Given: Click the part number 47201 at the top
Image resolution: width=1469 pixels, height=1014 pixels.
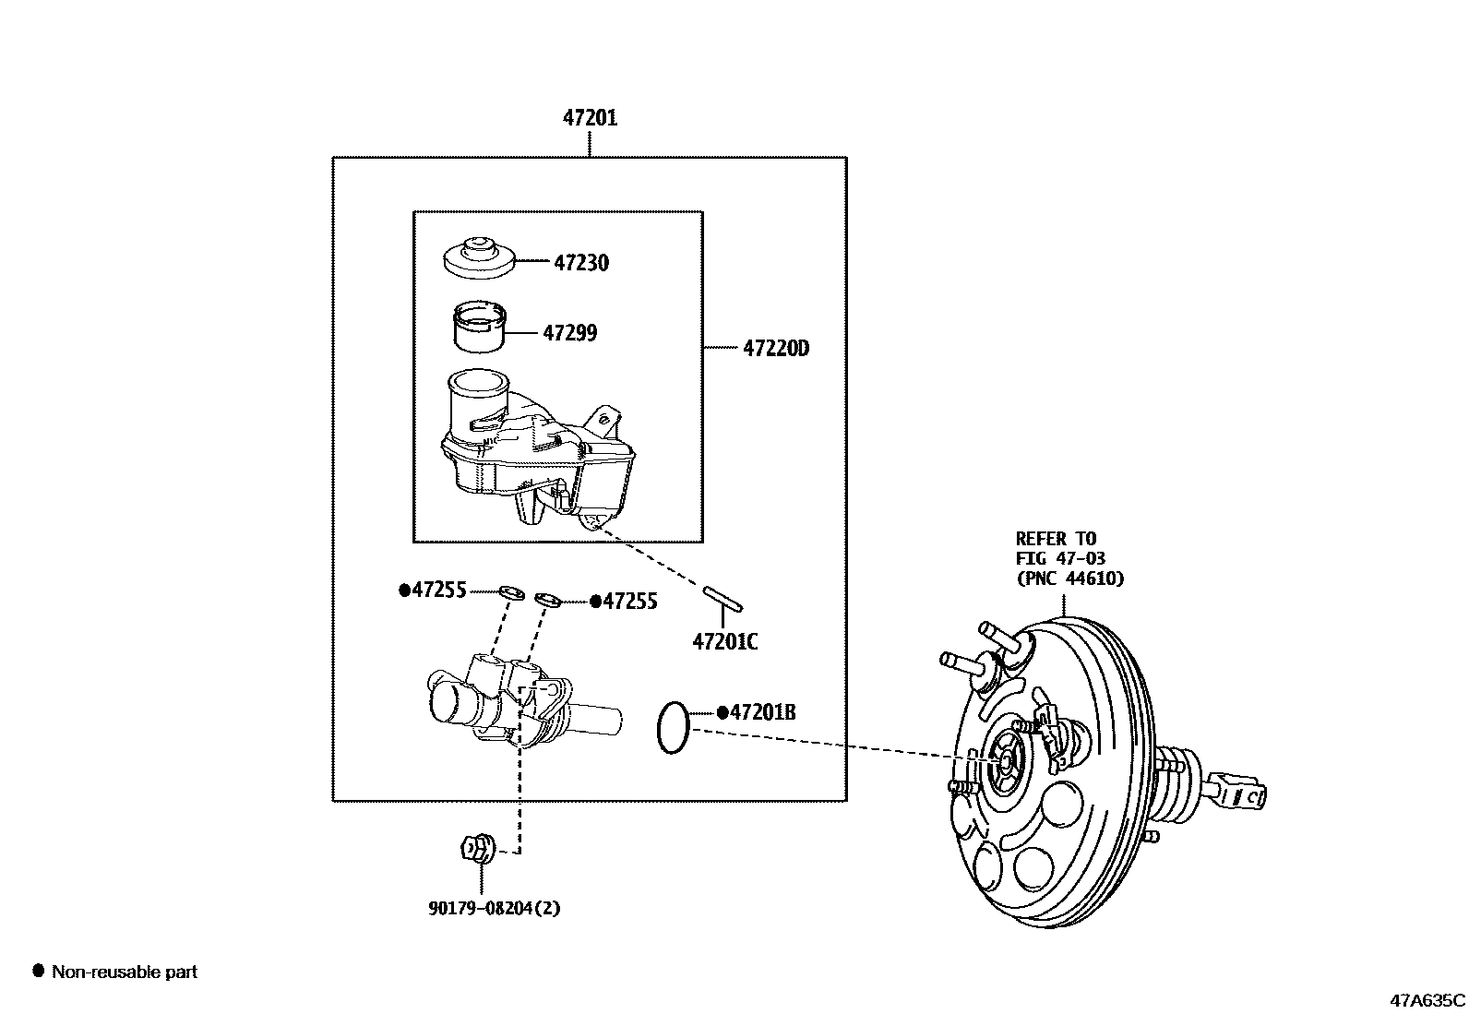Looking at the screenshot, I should click(x=591, y=118).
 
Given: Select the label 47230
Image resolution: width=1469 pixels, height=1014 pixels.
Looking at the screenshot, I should click(x=581, y=263).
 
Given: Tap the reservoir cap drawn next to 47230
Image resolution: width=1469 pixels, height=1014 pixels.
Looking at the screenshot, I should click(x=477, y=257).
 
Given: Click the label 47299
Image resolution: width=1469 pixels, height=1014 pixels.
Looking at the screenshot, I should click(x=569, y=333).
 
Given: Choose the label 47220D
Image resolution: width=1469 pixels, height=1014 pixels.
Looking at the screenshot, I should click(x=775, y=349).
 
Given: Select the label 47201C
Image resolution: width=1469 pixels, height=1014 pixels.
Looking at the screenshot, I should click(x=725, y=641).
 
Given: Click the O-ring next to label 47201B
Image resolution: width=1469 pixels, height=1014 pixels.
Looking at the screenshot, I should click(x=673, y=727).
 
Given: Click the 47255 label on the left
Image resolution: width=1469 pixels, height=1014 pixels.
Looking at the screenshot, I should click(x=437, y=591).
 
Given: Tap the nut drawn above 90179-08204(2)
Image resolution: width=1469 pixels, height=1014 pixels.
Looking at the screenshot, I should click(x=477, y=847).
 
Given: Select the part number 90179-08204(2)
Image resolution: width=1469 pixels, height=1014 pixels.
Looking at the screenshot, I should click(x=494, y=908).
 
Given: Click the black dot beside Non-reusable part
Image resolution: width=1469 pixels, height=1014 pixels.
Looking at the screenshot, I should click(x=38, y=971).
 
